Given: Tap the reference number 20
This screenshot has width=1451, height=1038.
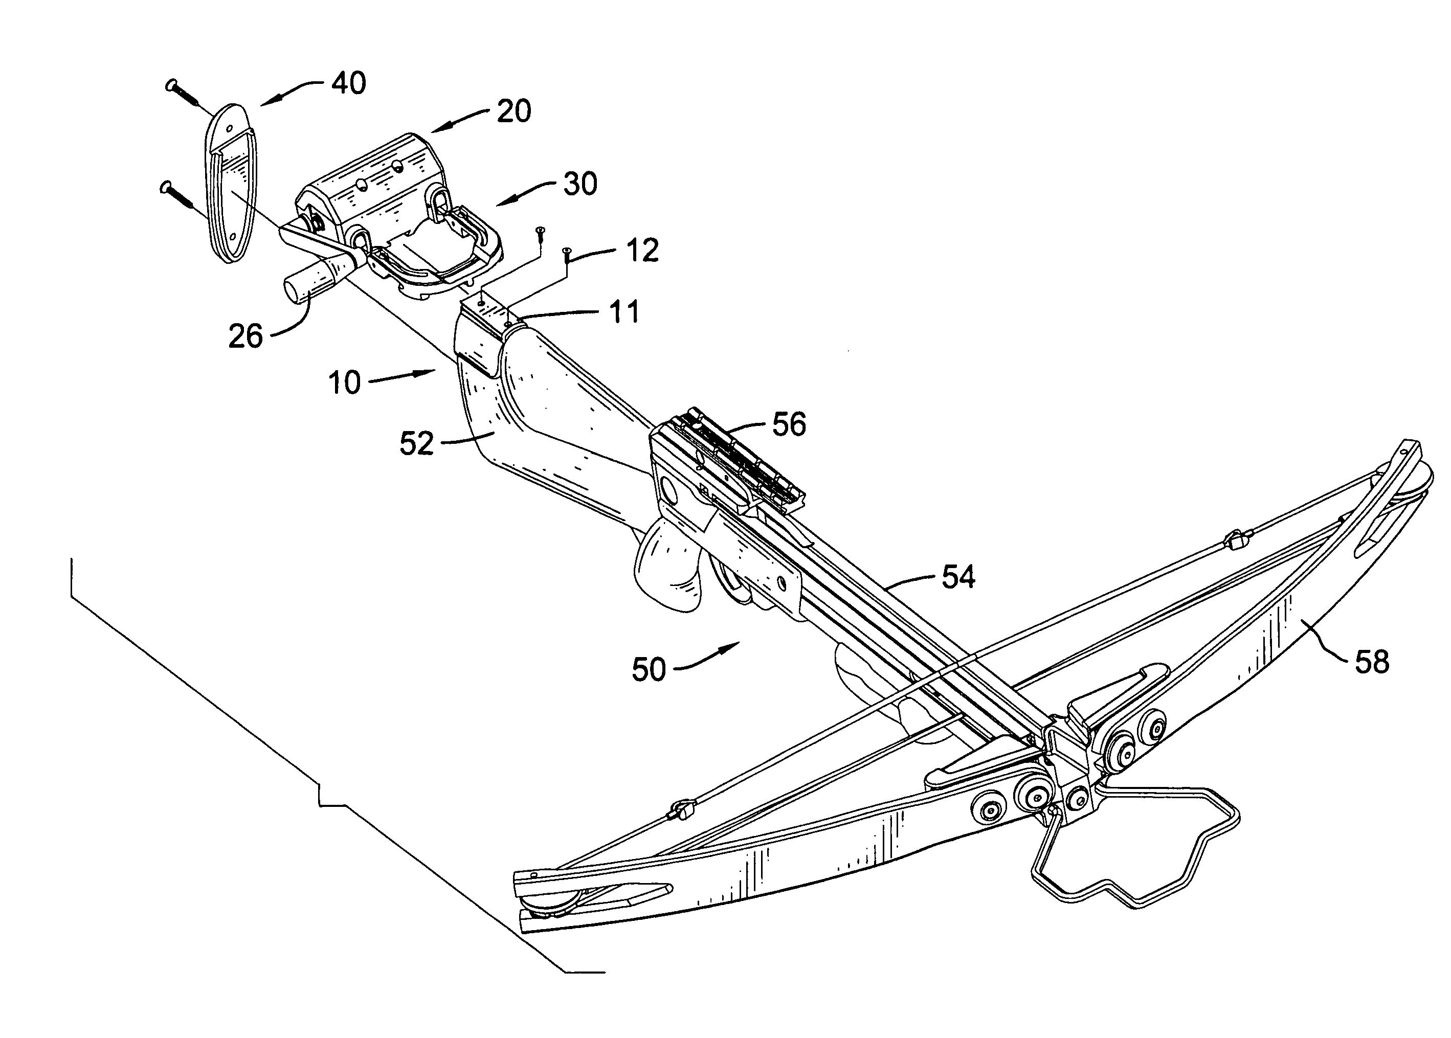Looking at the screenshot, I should click(x=514, y=111).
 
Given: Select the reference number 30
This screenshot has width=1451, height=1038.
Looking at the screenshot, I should click(x=580, y=184).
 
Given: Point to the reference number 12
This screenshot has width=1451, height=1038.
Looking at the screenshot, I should click(x=642, y=250).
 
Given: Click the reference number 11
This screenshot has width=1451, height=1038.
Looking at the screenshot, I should click(x=623, y=312).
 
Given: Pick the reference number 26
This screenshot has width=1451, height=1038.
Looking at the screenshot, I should click(x=245, y=335).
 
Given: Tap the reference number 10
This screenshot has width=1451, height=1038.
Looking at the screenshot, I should click(x=345, y=383).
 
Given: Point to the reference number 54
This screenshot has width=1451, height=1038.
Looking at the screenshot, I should click(x=958, y=577).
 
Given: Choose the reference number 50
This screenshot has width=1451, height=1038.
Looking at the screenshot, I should click(x=649, y=670).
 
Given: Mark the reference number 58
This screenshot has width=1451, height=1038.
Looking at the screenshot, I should click(x=1371, y=662).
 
